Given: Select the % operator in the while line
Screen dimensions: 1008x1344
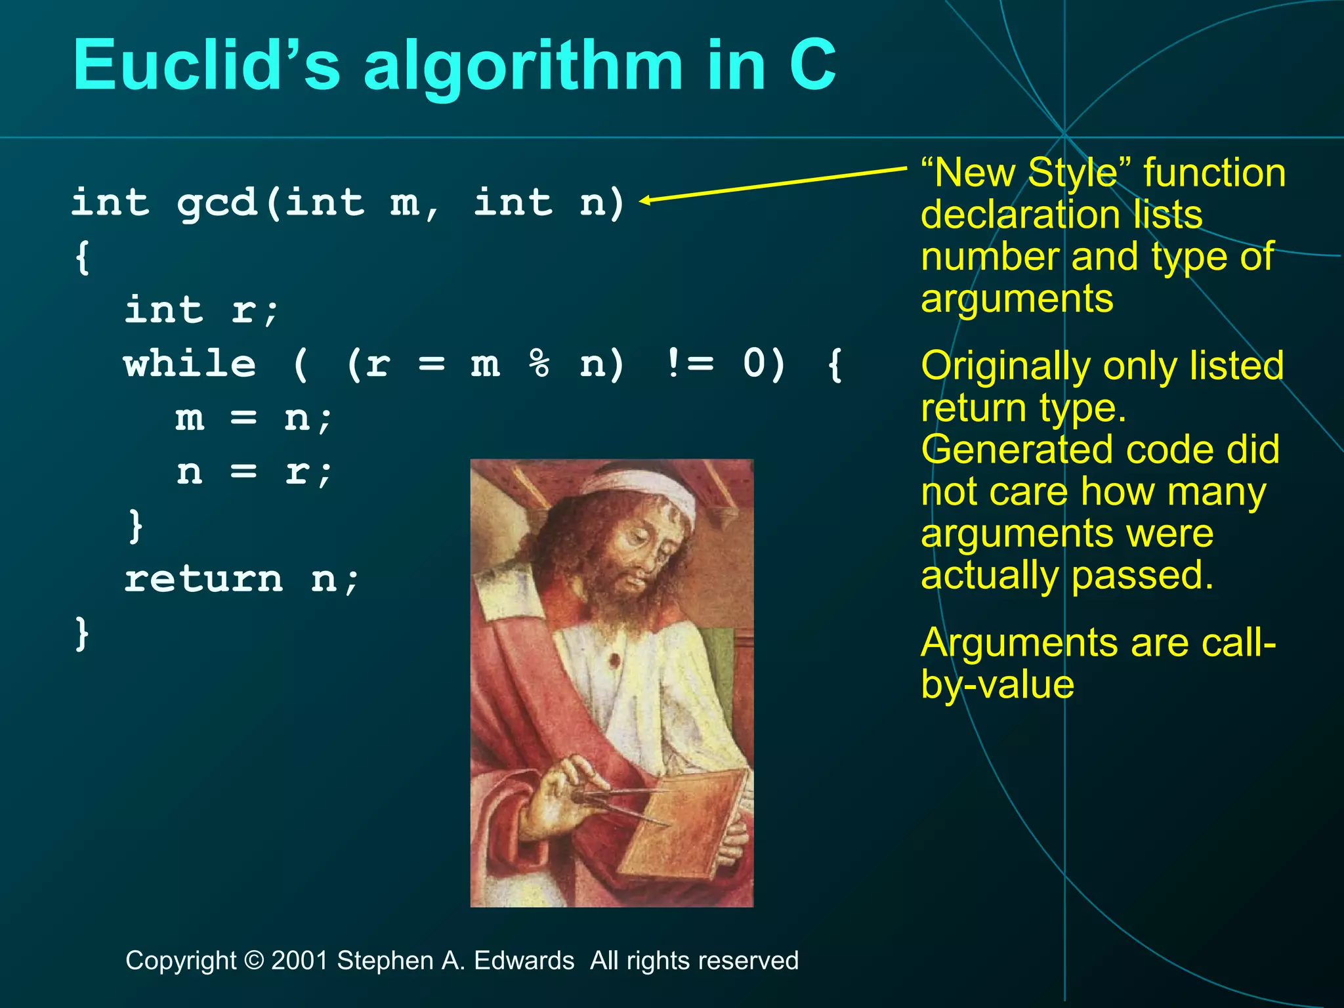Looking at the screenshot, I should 539,364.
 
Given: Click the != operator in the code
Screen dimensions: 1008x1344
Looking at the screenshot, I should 689,364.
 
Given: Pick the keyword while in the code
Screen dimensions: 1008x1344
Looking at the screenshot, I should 190,364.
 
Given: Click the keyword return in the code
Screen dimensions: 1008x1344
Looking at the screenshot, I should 203,579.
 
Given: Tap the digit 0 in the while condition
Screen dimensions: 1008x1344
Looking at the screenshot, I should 755,364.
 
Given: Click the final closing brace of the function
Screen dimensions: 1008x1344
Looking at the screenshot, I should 82,633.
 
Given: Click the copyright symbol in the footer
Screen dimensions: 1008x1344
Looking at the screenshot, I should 253,961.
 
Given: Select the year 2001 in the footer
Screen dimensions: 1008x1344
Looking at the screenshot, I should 300,961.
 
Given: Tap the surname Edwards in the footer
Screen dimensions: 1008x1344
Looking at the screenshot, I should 524,961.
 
